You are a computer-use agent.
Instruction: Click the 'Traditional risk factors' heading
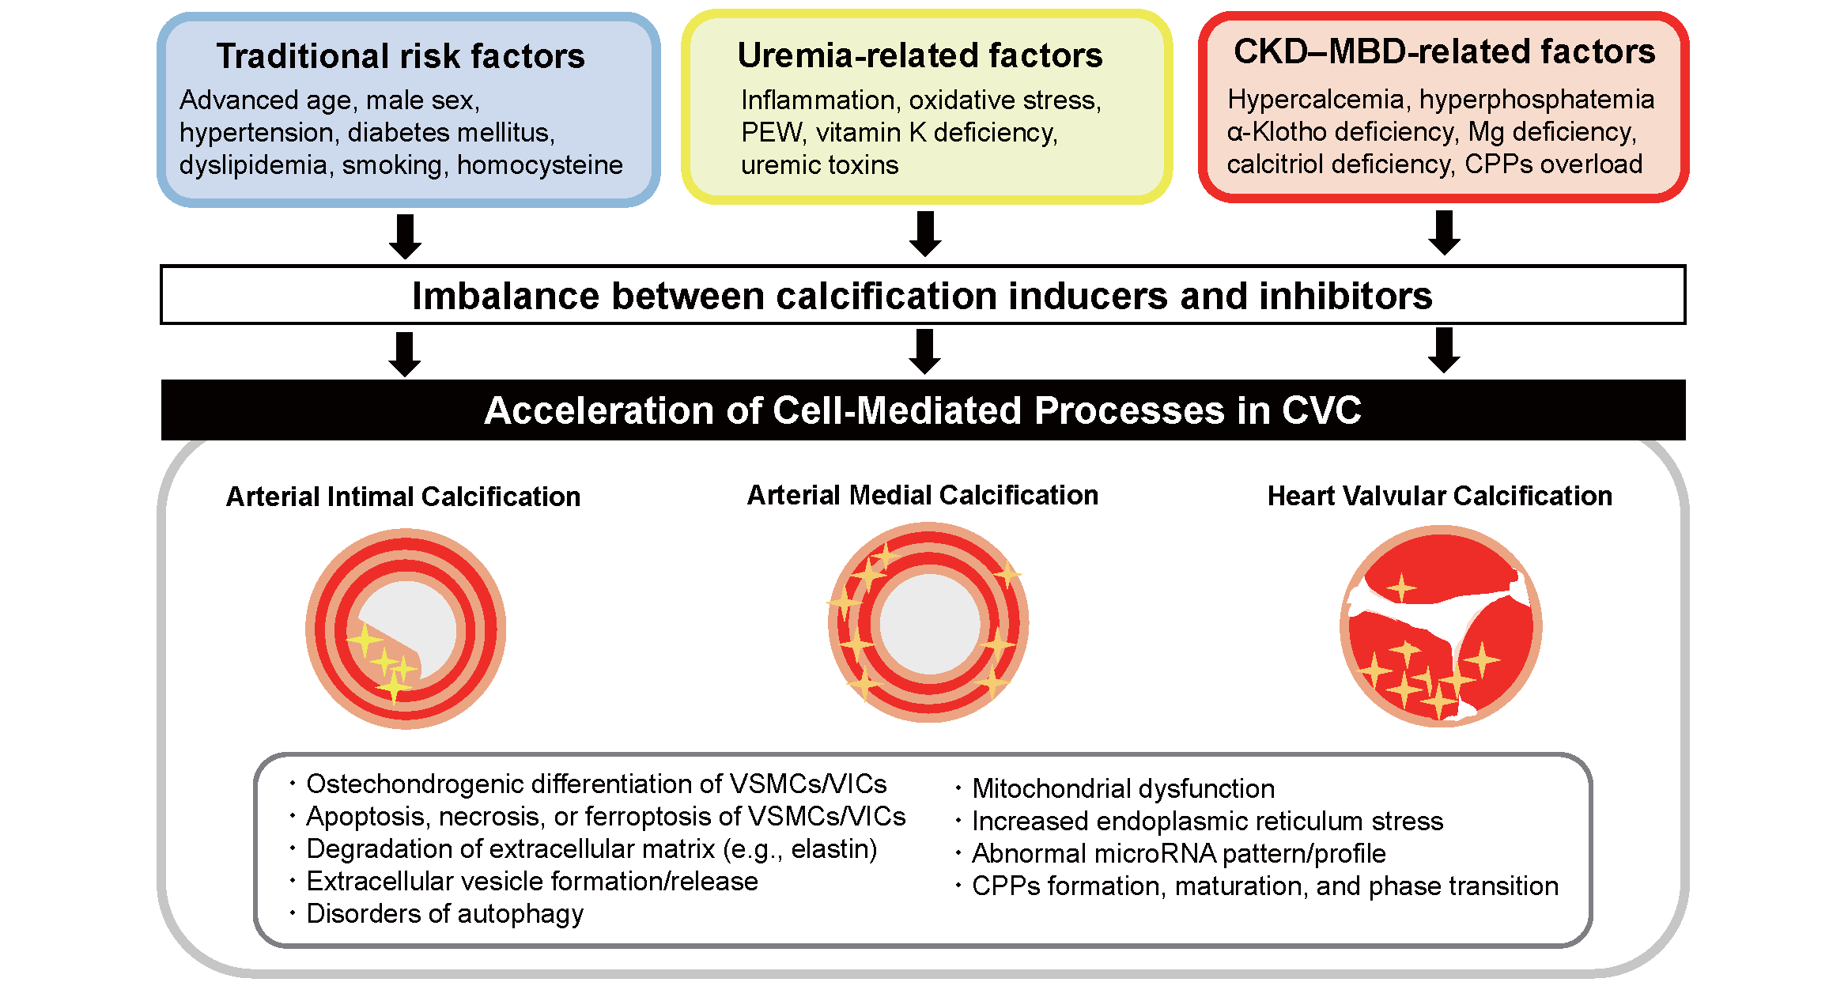tap(401, 56)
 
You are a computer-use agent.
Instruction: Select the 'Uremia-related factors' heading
tap(920, 55)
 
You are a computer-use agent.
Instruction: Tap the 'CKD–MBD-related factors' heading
tap(1444, 51)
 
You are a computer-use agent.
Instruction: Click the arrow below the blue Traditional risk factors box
tap(405, 236)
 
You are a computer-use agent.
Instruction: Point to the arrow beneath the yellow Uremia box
tap(925, 234)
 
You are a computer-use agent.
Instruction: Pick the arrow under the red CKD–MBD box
tap(1445, 232)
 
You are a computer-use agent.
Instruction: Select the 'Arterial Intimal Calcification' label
tap(403, 497)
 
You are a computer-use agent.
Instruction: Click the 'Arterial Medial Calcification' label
tap(923, 495)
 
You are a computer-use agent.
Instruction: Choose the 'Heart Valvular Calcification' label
tap(1440, 496)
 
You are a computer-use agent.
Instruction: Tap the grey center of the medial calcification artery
tap(929, 623)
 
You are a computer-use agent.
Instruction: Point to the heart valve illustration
tap(1441, 626)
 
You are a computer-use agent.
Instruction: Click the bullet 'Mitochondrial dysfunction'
tap(1123, 788)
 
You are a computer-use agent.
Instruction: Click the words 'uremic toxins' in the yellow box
tap(819, 164)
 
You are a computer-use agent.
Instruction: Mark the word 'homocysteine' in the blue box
tap(540, 164)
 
